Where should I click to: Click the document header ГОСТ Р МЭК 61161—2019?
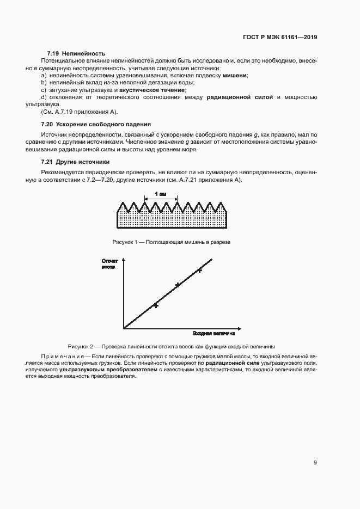[x=279, y=38]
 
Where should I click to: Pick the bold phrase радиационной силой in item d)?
[x=240, y=97]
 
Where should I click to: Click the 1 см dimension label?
[x=161, y=194]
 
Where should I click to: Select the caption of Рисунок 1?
[x=171, y=241]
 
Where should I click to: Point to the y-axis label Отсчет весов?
[x=110, y=265]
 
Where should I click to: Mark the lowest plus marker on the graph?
[x=156, y=305]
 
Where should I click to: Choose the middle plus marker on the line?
[x=177, y=285]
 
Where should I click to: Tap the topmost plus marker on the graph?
[x=199, y=269]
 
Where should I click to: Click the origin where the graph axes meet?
[x=124, y=328]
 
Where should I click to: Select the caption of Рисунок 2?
[x=171, y=346]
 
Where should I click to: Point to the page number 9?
[x=315, y=462]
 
